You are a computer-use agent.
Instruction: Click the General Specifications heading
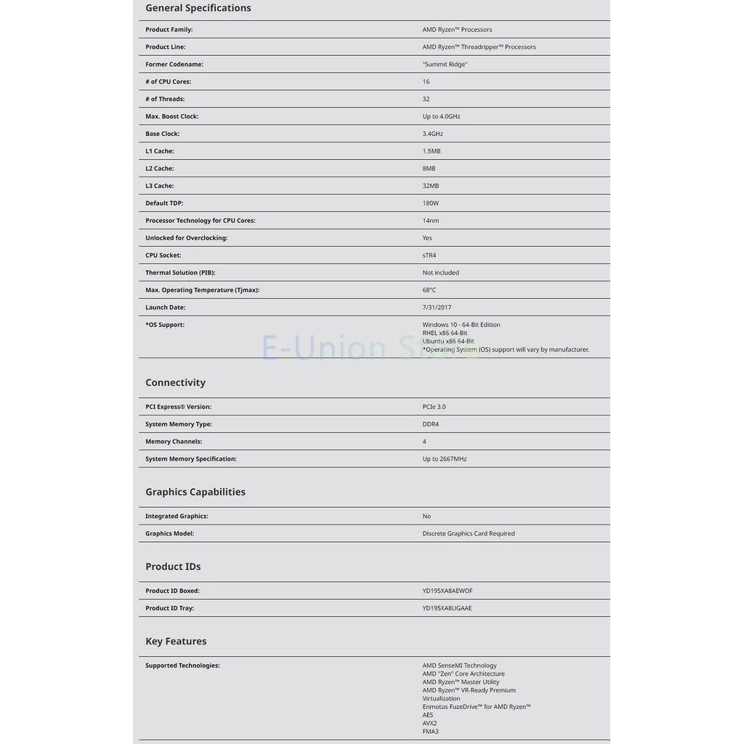coord(198,8)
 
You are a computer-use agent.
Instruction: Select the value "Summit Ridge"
coord(445,64)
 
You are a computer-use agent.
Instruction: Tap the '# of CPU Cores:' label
coord(168,81)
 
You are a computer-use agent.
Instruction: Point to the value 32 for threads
coord(426,99)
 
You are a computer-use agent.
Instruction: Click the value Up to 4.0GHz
coord(441,116)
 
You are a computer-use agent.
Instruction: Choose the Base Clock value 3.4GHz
coord(432,134)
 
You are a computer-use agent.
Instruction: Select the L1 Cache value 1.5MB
coord(432,151)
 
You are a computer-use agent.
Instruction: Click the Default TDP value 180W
coord(430,203)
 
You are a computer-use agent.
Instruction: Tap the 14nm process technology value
coord(430,221)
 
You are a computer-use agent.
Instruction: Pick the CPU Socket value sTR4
coord(429,256)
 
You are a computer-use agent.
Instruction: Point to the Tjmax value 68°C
coord(429,290)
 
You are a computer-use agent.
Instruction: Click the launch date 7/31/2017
coord(437,307)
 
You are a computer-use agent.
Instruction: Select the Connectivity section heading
coord(175,383)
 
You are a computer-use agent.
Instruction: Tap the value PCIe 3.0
coord(434,407)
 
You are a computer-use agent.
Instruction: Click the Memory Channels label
coord(174,442)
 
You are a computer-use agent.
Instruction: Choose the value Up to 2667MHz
coord(444,459)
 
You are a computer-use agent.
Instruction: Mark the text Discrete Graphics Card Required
coord(468,533)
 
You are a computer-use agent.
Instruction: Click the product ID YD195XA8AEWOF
coord(447,591)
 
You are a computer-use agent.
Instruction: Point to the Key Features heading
coord(176,642)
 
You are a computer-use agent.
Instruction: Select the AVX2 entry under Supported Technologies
coord(429,723)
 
